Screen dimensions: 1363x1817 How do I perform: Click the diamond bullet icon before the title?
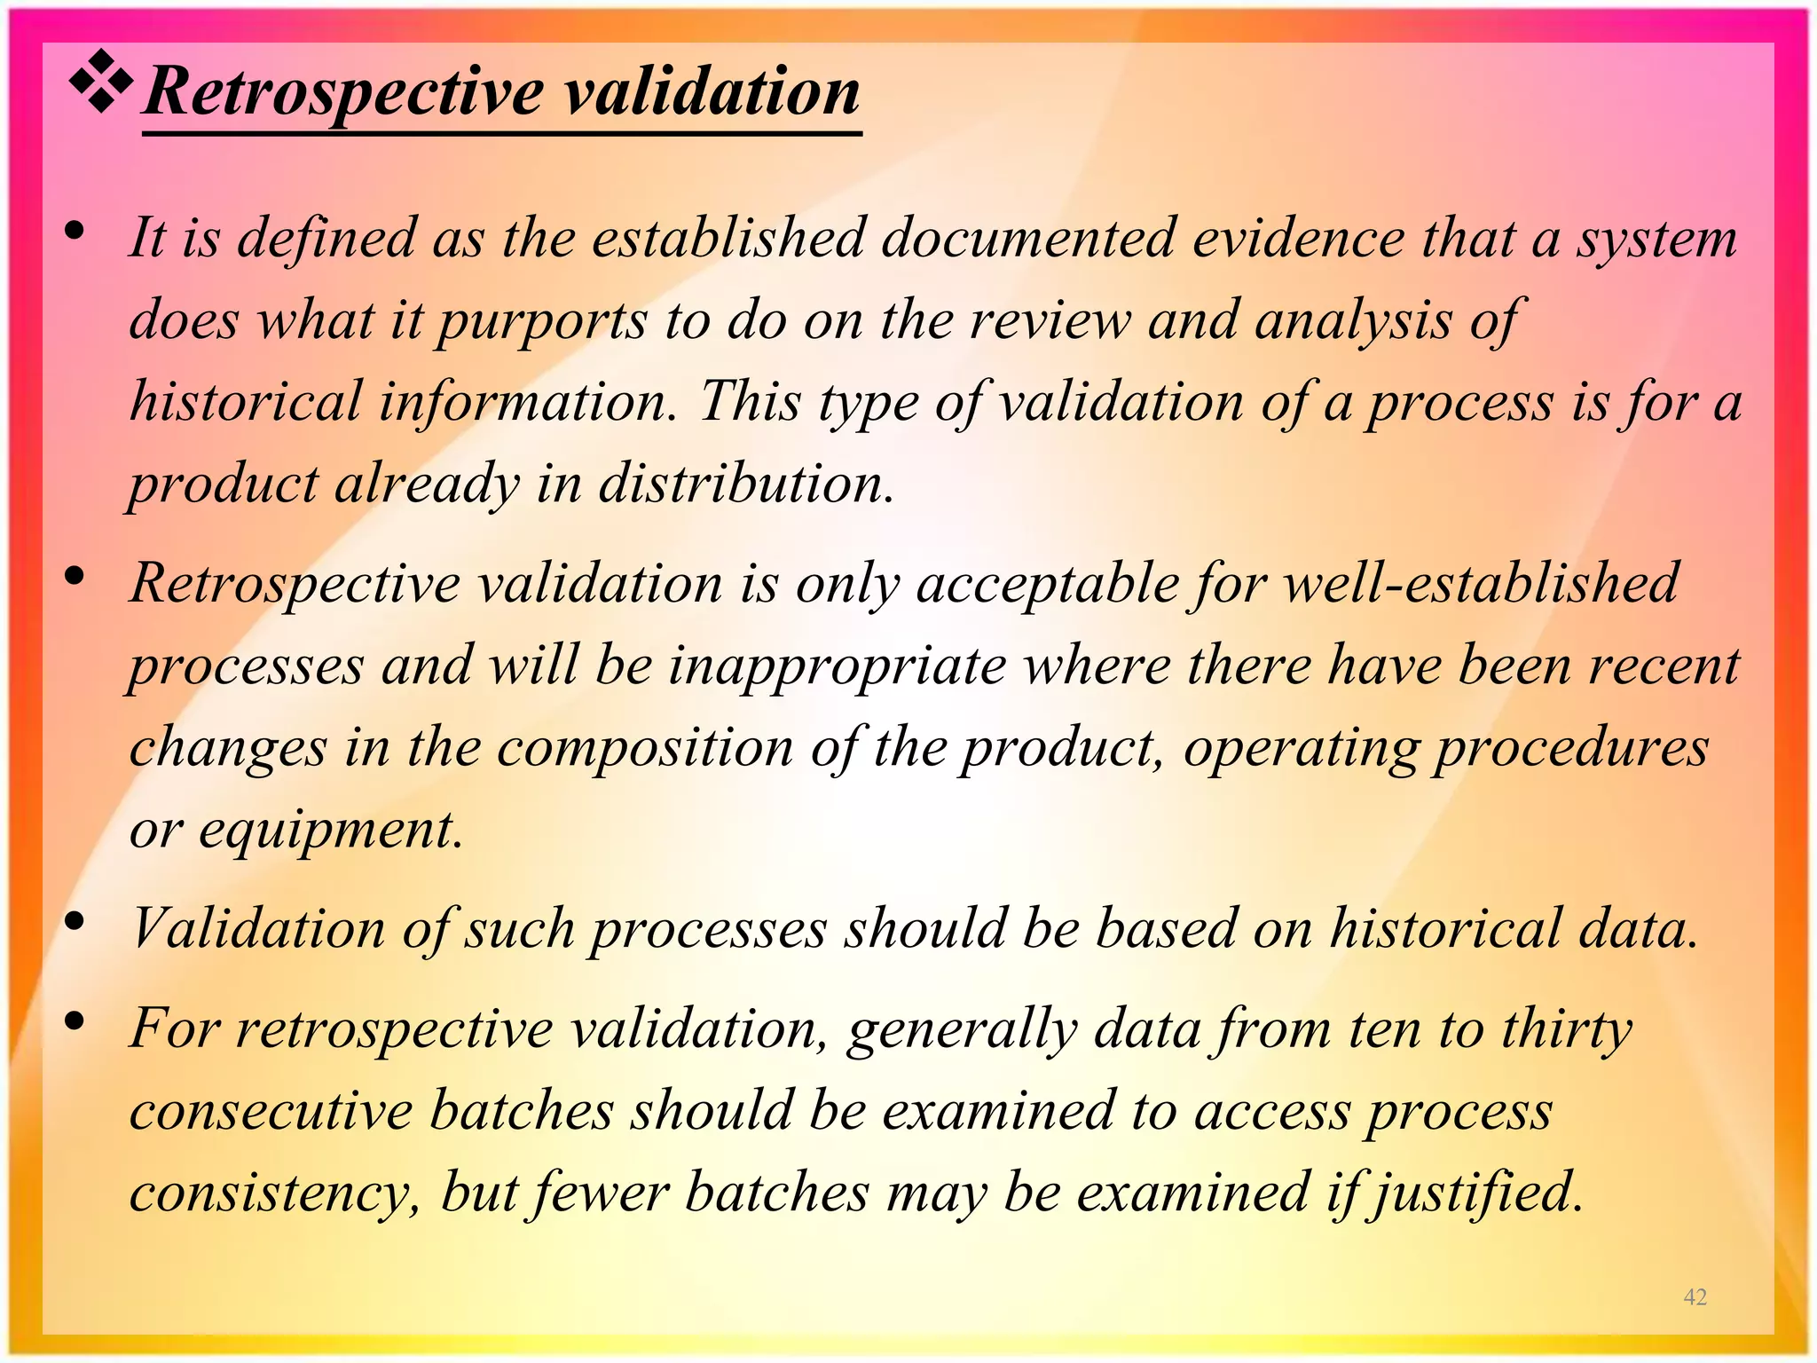(102, 83)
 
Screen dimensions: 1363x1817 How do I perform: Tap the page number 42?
(1695, 1296)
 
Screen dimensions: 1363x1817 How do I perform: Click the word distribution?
(745, 485)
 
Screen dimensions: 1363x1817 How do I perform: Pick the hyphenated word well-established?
(1482, 583)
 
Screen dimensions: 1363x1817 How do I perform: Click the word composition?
(644, 748)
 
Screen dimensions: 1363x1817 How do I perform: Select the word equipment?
(330, 831)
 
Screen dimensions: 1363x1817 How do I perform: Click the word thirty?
(1567, 1029)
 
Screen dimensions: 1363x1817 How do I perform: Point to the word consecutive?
(271, 1111)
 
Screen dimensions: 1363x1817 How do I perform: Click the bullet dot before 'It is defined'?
(75, 232)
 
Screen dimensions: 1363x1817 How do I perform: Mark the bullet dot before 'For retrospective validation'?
(75, 1022)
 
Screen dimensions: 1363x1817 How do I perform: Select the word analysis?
(1352, 320)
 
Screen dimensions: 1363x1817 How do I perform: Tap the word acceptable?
(1047, 585)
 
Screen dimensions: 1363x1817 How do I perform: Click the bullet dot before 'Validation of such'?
(75, 922)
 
